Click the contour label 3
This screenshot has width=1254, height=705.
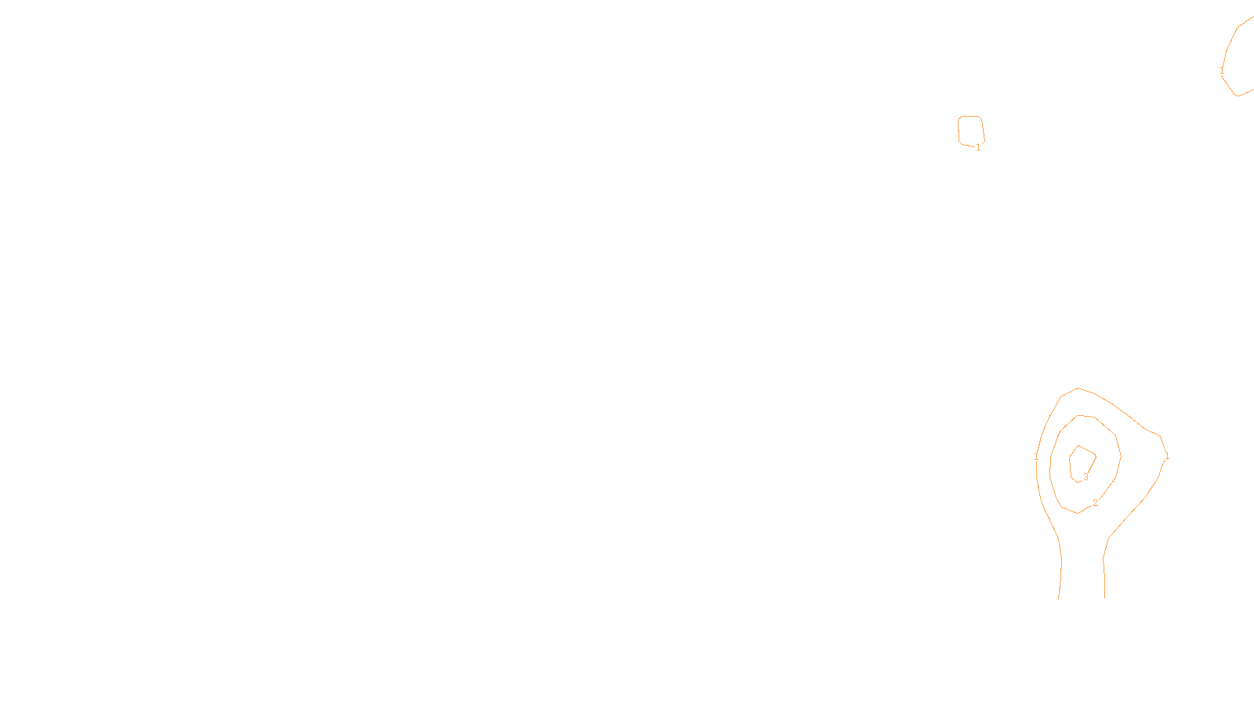click(x=1085, y=476)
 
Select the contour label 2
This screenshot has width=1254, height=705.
click(x=1095, y=502)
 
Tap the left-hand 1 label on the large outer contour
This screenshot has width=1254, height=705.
click(x=1036, y=456)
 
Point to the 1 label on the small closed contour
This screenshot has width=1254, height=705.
click(x=978, y=146)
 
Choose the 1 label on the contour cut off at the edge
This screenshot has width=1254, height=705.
click(x=1222, y=70)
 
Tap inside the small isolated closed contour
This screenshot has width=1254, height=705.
click(x=970, y=130)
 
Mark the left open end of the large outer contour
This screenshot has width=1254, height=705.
click(x=1059, y=598)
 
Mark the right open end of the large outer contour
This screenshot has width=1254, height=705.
click(x=1105, y=598)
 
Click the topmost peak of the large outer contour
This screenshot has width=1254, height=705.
click(x=1078, y=388)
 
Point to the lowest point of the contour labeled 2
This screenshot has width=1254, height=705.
click(x=1078, y=513)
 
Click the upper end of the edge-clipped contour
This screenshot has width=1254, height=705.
click(x=1252, y=17)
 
